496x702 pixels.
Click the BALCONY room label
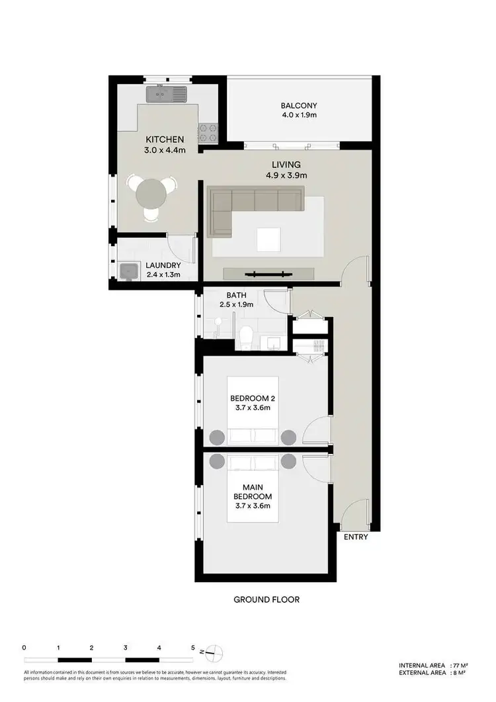(x=299, y=105)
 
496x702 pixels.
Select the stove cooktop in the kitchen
(x=208, y=133)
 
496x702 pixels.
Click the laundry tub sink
(x=129, y=271)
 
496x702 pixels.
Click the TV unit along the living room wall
(x=268, y=273)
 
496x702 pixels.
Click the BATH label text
(x=236, y=295)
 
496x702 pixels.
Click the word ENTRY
(x=356, y=537)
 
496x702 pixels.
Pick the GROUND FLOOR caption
(x=267, y=600)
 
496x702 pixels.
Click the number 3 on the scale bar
(x=125, y=648)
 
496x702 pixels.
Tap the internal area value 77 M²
(x=462, y=665)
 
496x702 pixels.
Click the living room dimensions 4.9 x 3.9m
(x=286, y=175)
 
